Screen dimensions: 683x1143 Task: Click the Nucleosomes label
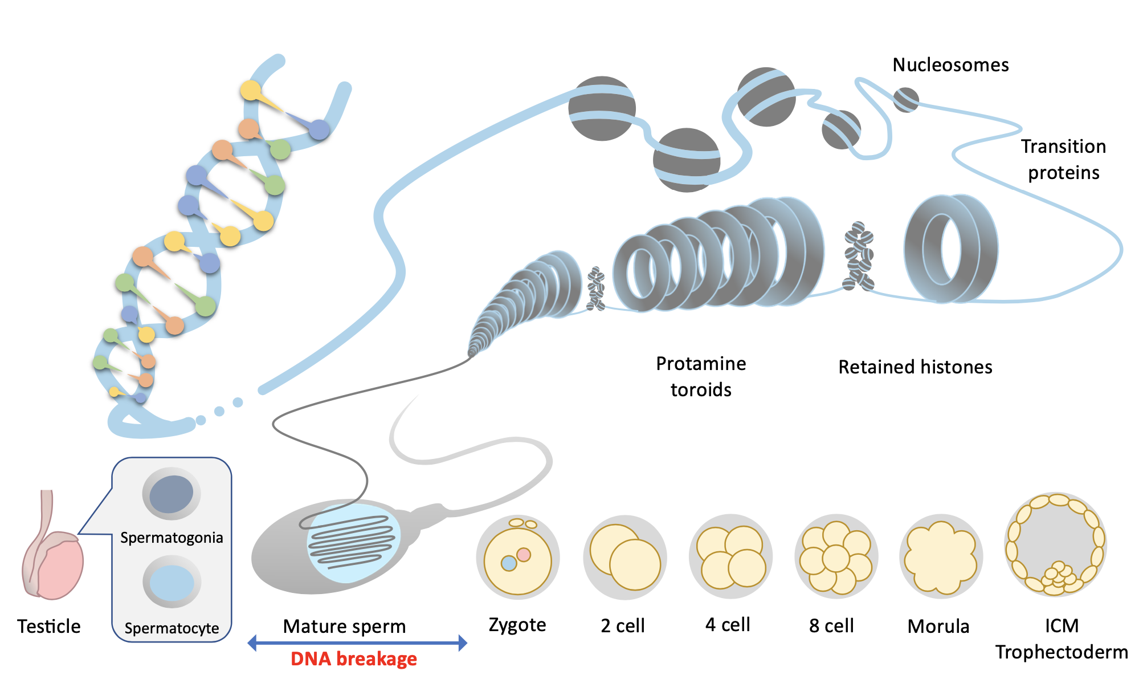(x=950, y=65)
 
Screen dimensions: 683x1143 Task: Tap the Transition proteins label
(x=1063, y=159)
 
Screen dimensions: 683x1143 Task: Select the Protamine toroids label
(x=701, y=376)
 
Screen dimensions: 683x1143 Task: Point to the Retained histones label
(x=915, y=367)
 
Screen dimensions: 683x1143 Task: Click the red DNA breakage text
(x=353, y=659)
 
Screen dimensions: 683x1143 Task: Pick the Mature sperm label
(x=344, y=626)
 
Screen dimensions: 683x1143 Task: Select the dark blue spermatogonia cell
(x=172, y=494)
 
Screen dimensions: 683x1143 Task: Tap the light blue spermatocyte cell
(x=172, y=583)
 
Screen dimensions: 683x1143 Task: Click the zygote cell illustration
(x=517, y=559)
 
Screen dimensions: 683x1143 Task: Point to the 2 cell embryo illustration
(x=625, y=558)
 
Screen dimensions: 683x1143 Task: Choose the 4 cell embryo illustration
(x=731, y=557)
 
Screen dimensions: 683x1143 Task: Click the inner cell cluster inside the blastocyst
(x=1059, y=576)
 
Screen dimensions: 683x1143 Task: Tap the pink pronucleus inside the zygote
(x=524, y=554)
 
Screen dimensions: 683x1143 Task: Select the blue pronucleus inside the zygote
(x=508, y=563)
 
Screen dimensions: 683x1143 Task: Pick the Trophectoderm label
(x=1062, y=652)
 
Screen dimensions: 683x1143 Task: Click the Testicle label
(x=49, y=626)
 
